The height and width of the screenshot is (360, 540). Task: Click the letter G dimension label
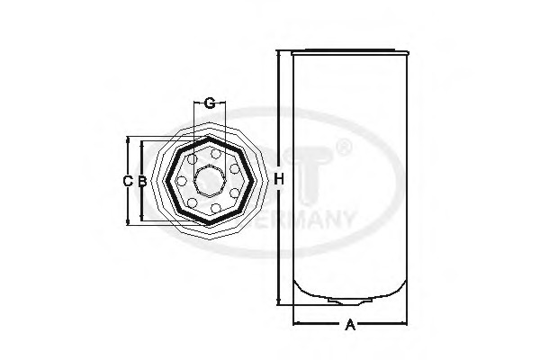coord(209,103)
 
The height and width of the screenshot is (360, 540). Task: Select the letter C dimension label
coord(127,181)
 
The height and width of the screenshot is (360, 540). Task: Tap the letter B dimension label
coord(141,181)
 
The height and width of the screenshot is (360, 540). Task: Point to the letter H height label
coord(279,180)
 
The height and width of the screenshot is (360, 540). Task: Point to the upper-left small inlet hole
coord(190,158)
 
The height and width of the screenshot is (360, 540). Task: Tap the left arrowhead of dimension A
coord(293,322)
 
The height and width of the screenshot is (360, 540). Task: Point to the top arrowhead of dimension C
coord(128,140)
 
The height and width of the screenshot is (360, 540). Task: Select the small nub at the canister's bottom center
coord(348,300)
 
